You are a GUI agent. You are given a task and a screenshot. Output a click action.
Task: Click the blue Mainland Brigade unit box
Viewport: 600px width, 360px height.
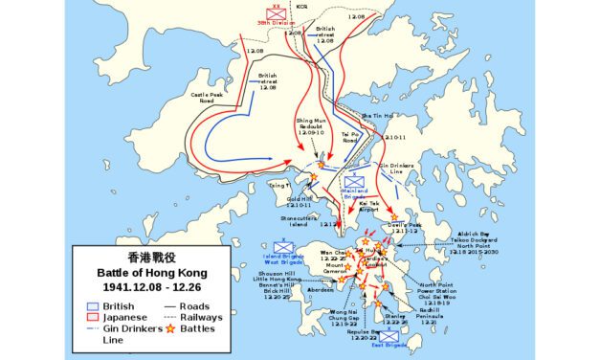point(355,181)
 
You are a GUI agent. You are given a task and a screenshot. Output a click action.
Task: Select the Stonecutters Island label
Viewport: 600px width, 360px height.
point(303,221)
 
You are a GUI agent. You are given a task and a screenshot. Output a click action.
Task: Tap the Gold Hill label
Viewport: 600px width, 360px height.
point(300,202)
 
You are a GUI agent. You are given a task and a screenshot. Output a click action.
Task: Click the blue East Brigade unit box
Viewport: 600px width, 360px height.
point(388,336)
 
